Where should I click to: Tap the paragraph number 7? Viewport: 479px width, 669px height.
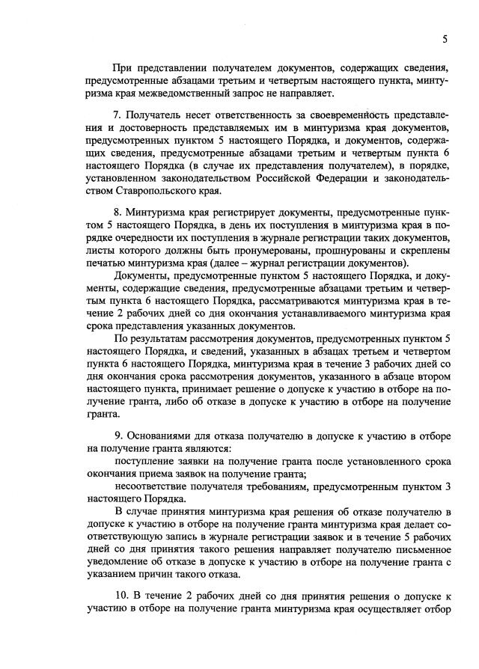pyautogui.click(x=117, y=117)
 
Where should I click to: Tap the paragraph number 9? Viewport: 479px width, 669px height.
pyautogui.click(x=117, y=435)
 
